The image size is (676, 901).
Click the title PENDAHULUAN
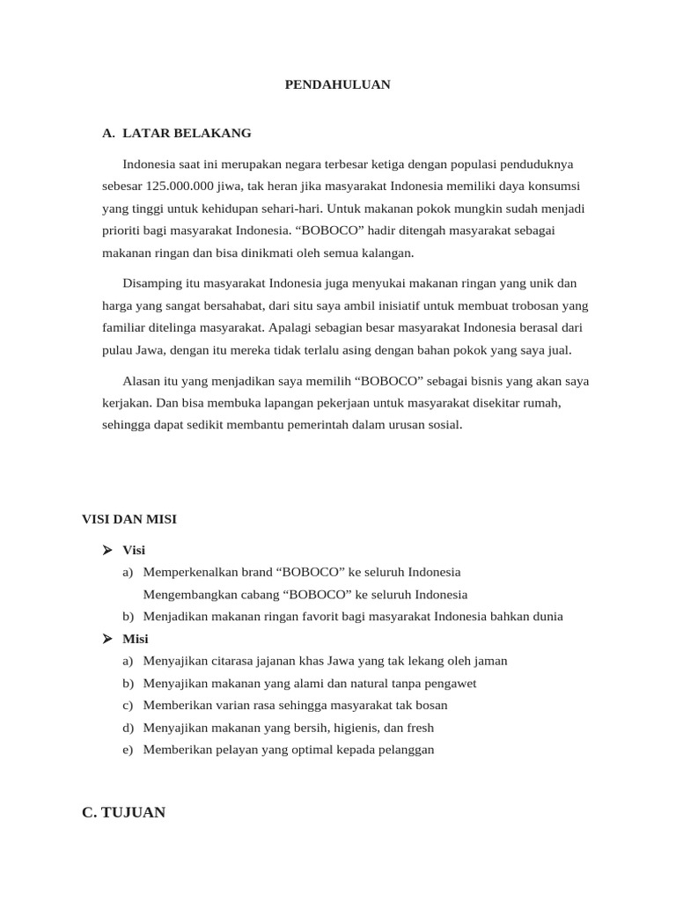pos(337,84)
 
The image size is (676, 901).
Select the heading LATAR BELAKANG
pos(187,133)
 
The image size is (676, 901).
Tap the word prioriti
pos(122,231)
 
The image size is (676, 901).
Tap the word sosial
pos(443,425)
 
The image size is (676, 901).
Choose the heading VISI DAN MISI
pos(129,519)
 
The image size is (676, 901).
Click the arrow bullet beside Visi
pos(107,550)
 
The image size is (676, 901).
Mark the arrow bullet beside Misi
pos(107,639)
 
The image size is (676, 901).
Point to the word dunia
pos(545,617)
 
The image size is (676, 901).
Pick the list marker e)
pos(129,750)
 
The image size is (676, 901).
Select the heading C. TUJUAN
pos(123,812)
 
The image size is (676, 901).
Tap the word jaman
pos(489,661)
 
